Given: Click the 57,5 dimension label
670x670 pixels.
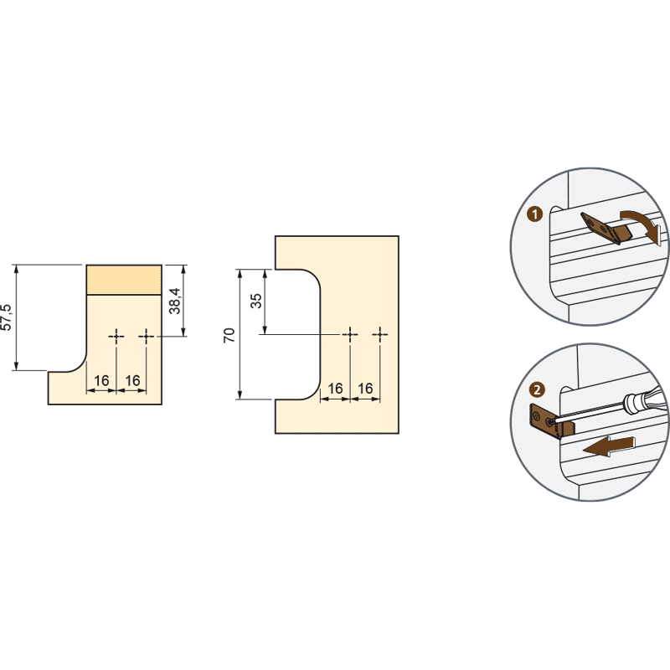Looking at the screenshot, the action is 7,317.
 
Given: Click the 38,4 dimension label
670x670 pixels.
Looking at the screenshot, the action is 175,301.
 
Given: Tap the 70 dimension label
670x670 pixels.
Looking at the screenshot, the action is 229,335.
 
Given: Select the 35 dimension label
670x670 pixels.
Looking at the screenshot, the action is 256,301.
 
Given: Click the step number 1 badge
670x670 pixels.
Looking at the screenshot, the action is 534,214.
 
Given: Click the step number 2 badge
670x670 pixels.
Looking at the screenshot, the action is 537,389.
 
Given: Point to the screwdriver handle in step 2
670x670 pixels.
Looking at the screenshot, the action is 644,399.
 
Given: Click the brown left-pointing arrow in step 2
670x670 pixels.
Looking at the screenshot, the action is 609,446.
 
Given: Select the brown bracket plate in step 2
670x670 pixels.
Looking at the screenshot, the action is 546,422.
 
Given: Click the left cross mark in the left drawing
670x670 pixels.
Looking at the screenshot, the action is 116,337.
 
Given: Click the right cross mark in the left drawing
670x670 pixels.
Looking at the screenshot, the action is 146,337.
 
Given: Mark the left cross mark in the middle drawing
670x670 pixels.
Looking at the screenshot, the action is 350,334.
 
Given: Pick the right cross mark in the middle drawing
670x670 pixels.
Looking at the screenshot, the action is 380,334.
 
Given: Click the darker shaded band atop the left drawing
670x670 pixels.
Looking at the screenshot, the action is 124,280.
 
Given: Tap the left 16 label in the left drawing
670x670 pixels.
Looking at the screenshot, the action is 101,380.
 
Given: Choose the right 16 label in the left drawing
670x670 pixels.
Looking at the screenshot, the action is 132,380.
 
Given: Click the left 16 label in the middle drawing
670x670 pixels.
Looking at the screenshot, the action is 335,389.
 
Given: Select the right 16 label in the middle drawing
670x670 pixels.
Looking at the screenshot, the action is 365,389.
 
